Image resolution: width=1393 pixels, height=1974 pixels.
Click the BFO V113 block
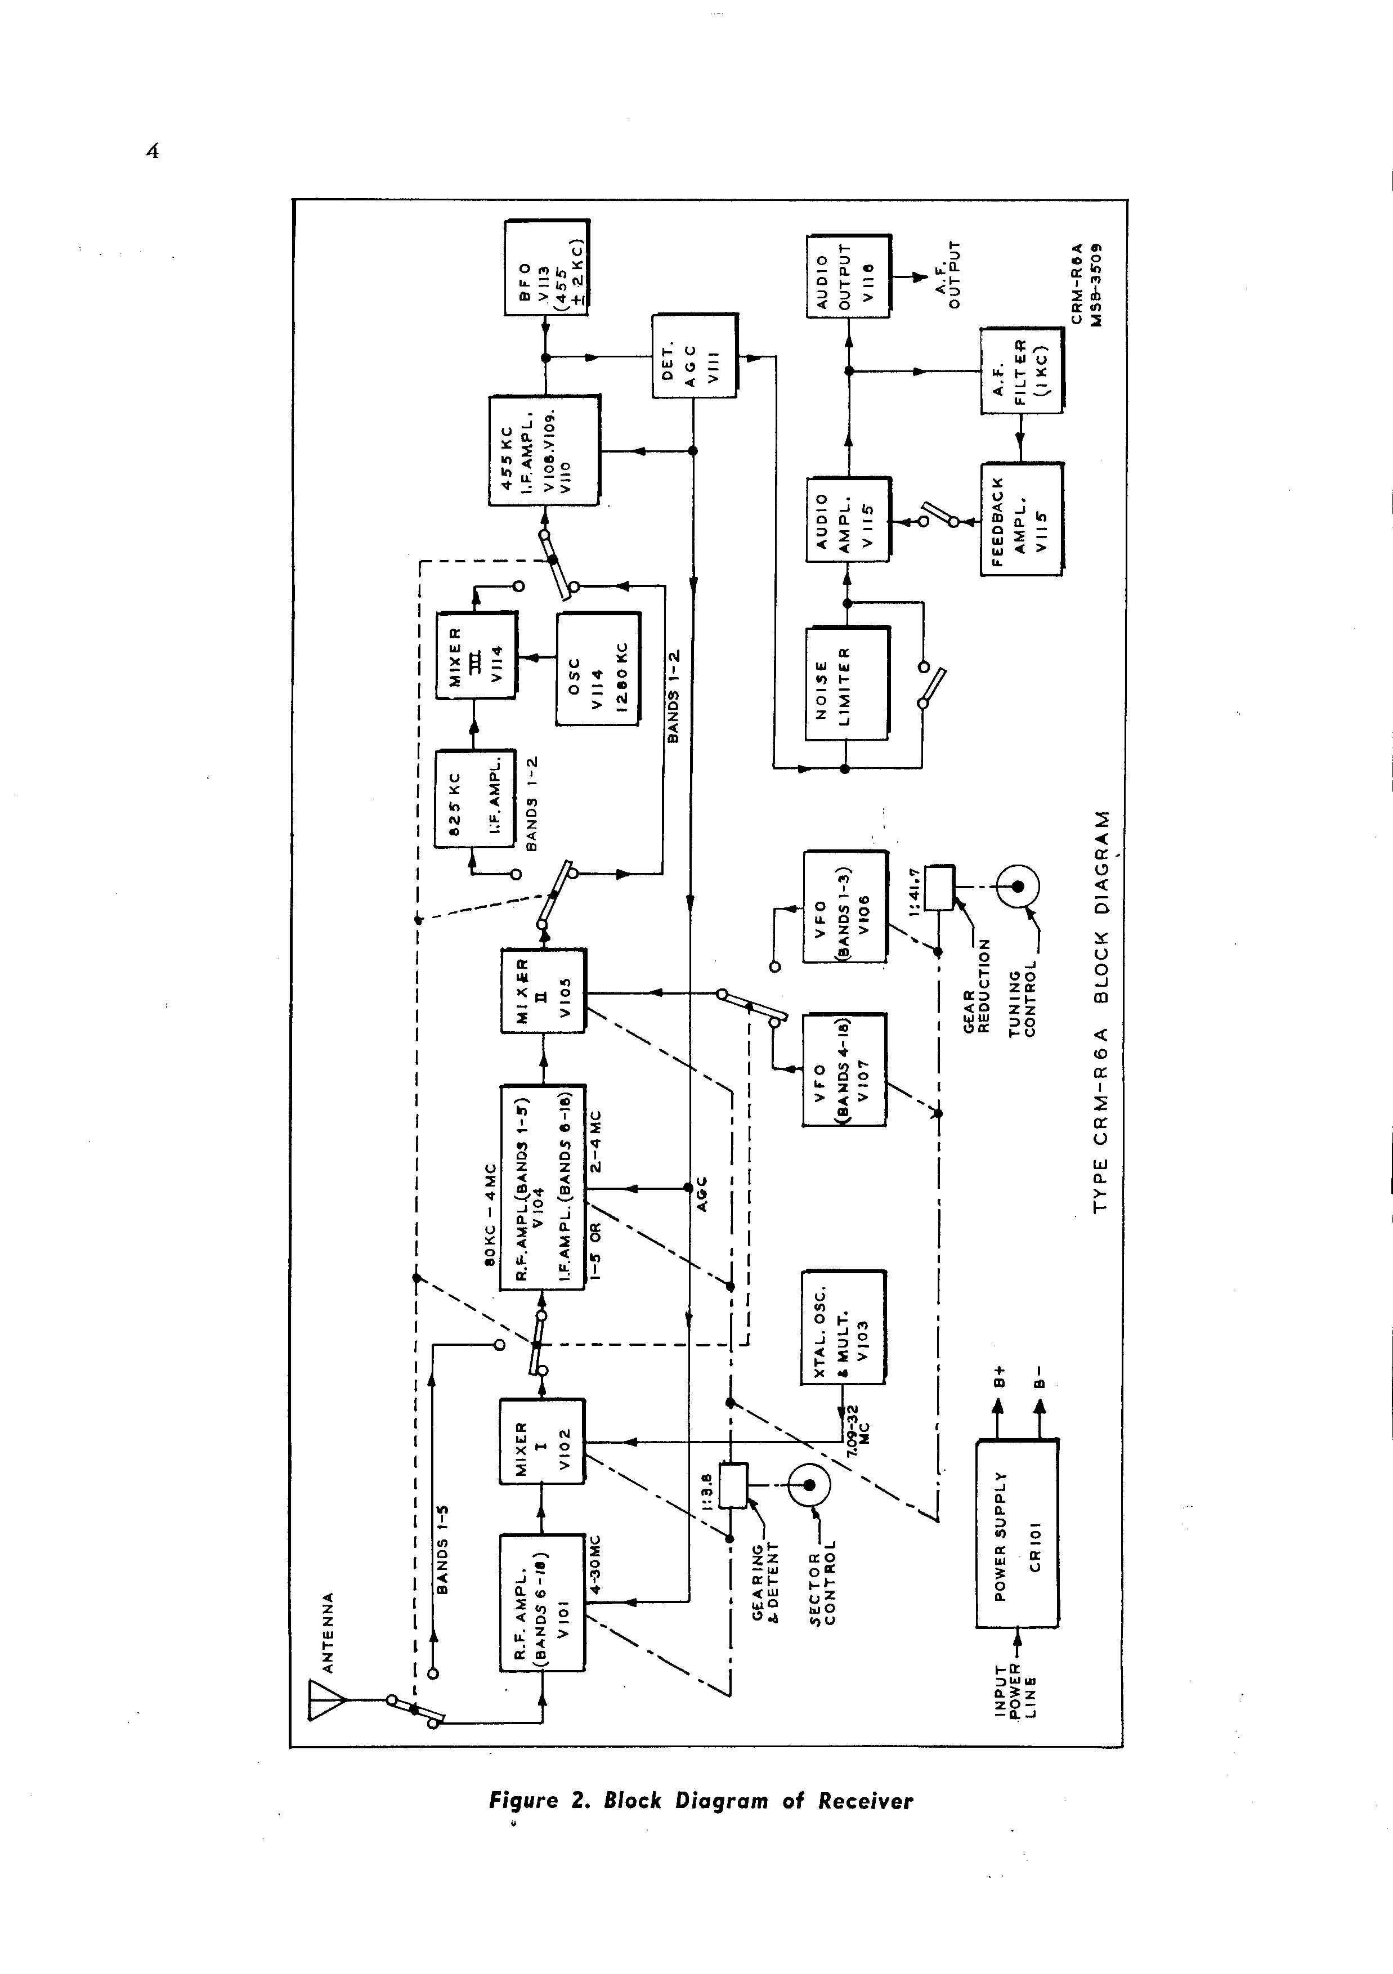pos(547,267)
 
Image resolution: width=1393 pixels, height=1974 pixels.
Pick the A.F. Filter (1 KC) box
pos(1022,370)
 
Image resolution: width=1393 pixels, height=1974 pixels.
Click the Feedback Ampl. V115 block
pos(1022,518)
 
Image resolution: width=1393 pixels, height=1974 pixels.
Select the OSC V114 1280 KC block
pos(598,669)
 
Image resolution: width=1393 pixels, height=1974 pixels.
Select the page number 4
pos(153,152)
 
